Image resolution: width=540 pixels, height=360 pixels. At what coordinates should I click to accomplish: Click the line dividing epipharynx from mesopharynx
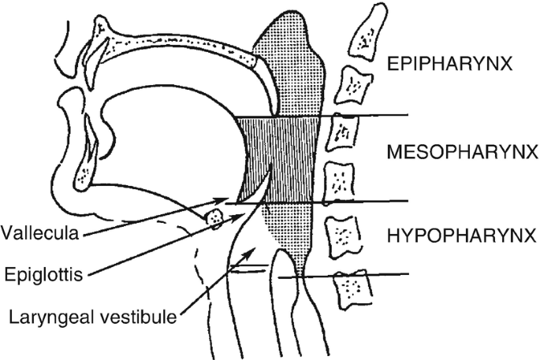pyautogui.click(x=371, y=116)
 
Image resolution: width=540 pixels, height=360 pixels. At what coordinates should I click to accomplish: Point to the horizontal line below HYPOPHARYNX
pyautogui.click(x=378, y=275)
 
